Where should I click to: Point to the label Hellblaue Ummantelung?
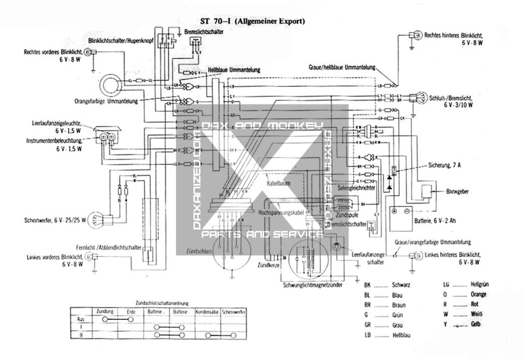[x=234, y=71]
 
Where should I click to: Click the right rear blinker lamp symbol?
[x=414, y=35]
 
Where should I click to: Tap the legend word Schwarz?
[x=401, y=285]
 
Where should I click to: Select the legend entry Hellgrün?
[x=480, y=285]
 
